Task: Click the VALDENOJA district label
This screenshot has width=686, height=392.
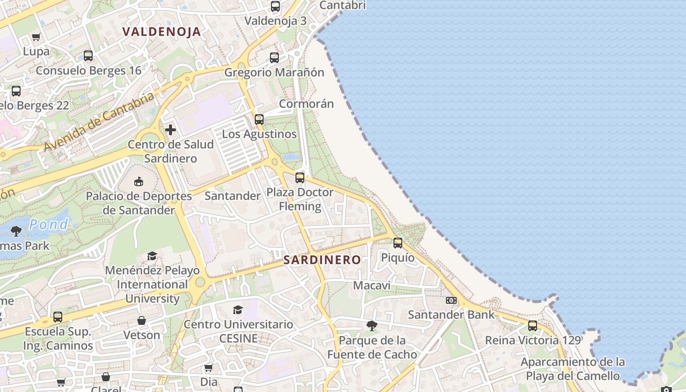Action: [162, 32]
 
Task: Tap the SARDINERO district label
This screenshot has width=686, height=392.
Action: [322, 260]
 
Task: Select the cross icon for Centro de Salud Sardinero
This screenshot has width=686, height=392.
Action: [171, 130]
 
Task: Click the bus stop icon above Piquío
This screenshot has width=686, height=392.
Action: [398, 243]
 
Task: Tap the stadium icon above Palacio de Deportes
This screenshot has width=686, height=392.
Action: [139, 182]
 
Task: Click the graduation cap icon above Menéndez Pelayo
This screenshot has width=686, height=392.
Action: [152, 256]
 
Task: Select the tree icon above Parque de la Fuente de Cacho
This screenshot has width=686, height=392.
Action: [372, 326]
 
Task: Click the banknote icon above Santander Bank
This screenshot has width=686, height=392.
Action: [451, 300]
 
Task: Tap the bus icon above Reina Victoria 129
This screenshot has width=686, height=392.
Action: [533, 325]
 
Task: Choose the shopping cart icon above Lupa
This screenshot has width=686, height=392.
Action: [36, 37]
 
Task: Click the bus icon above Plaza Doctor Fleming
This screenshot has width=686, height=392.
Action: [300, 177]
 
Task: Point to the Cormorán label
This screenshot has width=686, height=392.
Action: [306, 104]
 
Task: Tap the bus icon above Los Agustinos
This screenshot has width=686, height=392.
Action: [259, 119]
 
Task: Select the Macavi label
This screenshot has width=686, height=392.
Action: [372, 285]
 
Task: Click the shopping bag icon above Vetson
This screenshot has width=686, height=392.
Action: [142, 320]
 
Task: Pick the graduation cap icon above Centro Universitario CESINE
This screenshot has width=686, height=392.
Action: [238, 310]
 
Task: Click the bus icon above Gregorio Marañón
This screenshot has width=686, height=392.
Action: [274, 57]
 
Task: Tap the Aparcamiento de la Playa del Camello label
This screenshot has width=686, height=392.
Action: [573, 369]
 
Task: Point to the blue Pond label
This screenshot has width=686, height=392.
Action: [49, 224]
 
